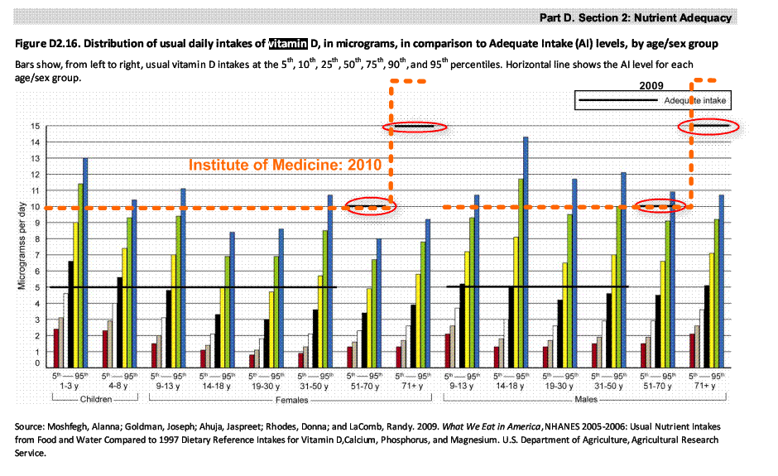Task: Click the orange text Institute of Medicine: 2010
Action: click(x=285, y=165)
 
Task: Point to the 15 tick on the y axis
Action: click(x=35, y=127)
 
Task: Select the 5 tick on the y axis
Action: click(x=36, y=288)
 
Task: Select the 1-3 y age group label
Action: click(x=70, y=387)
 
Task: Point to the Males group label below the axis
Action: click(x=585, y=400)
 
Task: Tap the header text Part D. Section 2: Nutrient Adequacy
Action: click(x=635, y=17)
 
